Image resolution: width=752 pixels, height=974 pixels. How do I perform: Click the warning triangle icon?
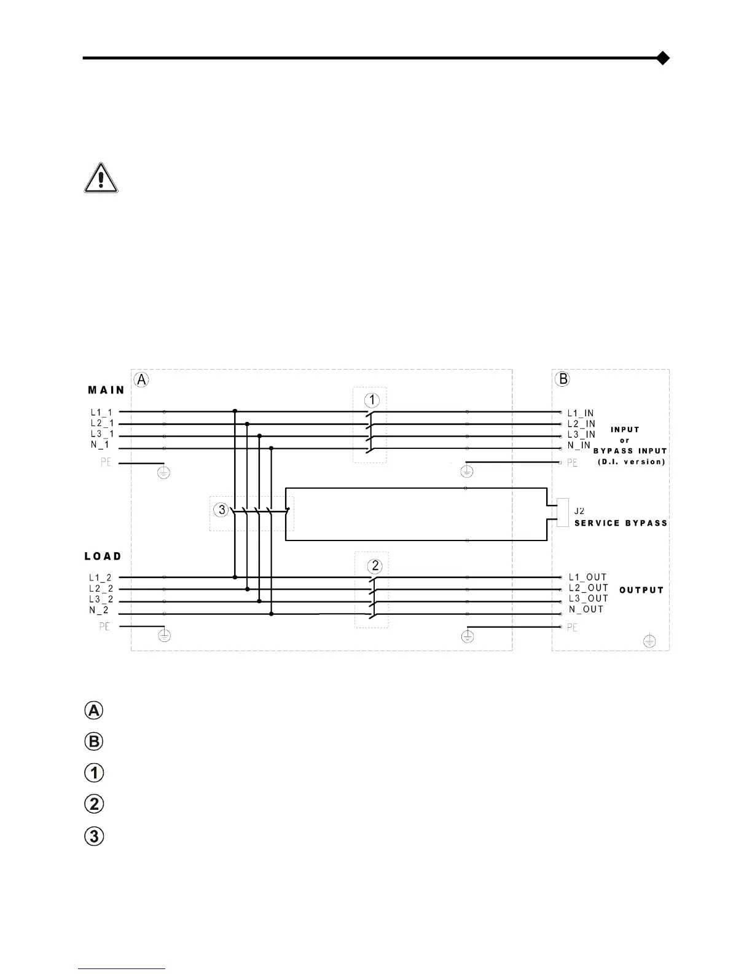(101, 178)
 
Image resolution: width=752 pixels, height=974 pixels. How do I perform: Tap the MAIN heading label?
(106, 390)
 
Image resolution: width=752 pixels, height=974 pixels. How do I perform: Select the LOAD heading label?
(103, 556)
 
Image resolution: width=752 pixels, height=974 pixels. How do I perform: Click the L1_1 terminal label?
(101, 412)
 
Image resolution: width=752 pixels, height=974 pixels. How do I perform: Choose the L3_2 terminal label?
(101, 600)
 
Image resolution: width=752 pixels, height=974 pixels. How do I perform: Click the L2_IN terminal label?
(581, 424)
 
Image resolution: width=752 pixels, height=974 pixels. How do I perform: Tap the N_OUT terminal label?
(586, 609)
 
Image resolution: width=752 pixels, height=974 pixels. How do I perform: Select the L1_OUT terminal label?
(587, 577)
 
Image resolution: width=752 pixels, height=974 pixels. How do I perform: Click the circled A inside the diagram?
(141, 380)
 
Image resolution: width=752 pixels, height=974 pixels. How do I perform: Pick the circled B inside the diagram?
(562, 379)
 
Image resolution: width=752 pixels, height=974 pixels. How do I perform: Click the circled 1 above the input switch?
(372, 400)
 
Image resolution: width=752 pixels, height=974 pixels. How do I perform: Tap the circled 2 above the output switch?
(375, 566)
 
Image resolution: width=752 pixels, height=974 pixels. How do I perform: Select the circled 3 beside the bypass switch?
(222, 510)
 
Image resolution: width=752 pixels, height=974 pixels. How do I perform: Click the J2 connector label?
(579, 511)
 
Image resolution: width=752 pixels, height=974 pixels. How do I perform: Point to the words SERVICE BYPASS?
(621, 523)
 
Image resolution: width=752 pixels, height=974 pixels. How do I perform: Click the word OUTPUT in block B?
(641, 590)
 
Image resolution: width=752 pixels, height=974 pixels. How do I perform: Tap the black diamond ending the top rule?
(662, 58)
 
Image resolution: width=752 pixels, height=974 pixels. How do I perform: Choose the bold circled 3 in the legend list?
(94, 836)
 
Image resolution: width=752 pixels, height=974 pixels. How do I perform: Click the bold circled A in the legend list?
(93, 711)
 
